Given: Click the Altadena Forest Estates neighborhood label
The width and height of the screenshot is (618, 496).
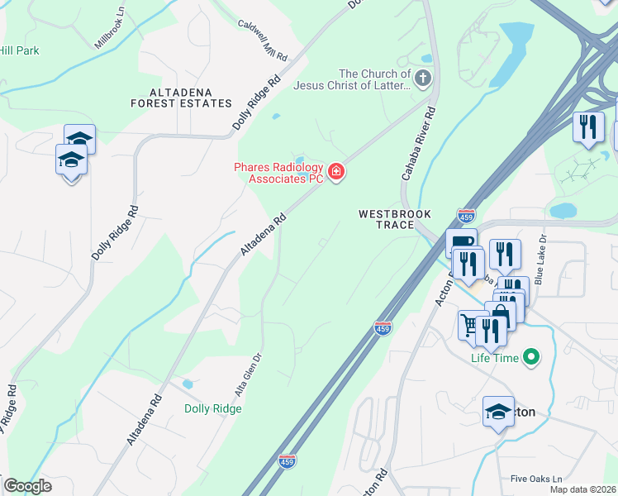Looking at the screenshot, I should pyautogui.click(x=181, y=98).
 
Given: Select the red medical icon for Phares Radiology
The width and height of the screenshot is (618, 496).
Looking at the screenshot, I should pyautogui.click(x=336, y=172).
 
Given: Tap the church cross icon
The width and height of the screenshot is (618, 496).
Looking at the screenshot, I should pyautogui.click(x=422, y=79).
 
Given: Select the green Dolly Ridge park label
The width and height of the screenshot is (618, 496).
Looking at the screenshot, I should pyautogui.click(x=213, y=408).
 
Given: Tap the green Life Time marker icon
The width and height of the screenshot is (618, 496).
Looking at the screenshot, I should pyautogui.click(x=530, y=358).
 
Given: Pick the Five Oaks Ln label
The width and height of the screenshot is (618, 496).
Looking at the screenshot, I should pyautogui.click(x=535, y=479).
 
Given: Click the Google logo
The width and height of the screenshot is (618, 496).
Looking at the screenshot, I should pyautogui.click(x=27, y=486).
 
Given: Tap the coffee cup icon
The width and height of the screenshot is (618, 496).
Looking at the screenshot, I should pyautogui.click(x=459, y=241).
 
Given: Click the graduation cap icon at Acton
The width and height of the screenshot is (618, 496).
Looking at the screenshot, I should pyautogui.click(x=498, y=411).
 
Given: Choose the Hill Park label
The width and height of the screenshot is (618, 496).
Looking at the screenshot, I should pyautogui.click(x=19, y=51).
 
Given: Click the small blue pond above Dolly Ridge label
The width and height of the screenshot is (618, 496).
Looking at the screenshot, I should pyautogui.click(x=188, y=384).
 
